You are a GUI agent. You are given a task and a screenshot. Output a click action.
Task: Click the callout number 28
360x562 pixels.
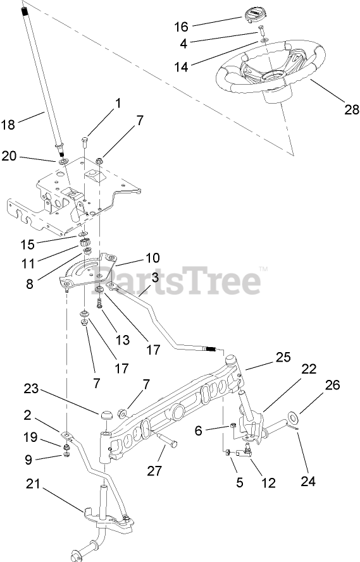[x=351, y=109]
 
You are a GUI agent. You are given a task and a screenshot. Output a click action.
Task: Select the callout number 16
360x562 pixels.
[x=181, y=27]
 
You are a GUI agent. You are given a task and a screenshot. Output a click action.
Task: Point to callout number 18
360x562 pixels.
[x=8, y=125]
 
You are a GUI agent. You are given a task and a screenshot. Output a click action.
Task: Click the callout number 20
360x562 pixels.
[x=9, y=156]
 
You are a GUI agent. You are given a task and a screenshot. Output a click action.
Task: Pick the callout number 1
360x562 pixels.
[x=118, y=103]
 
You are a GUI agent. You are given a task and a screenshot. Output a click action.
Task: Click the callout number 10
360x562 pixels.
[x=152, y=258]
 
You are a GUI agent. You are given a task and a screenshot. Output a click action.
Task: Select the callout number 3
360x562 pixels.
[x=155, y=278]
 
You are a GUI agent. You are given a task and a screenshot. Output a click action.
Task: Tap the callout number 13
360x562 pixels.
[x=122, y=339]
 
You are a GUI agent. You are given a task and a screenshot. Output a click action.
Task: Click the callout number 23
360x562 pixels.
[x=31, y=388]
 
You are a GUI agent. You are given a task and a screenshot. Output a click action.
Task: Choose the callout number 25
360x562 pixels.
[x=283, y=357]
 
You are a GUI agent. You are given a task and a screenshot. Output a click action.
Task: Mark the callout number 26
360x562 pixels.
[x=332, y=384]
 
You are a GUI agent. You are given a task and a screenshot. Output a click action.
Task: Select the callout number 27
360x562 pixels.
[x=154, y=470]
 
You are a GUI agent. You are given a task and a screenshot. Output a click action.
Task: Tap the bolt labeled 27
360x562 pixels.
[x=166, y=440]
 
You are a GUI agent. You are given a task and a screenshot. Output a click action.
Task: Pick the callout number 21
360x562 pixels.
[x=33, y=484]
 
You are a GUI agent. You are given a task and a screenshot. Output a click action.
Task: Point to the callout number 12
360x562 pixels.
[x=268, y=483]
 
